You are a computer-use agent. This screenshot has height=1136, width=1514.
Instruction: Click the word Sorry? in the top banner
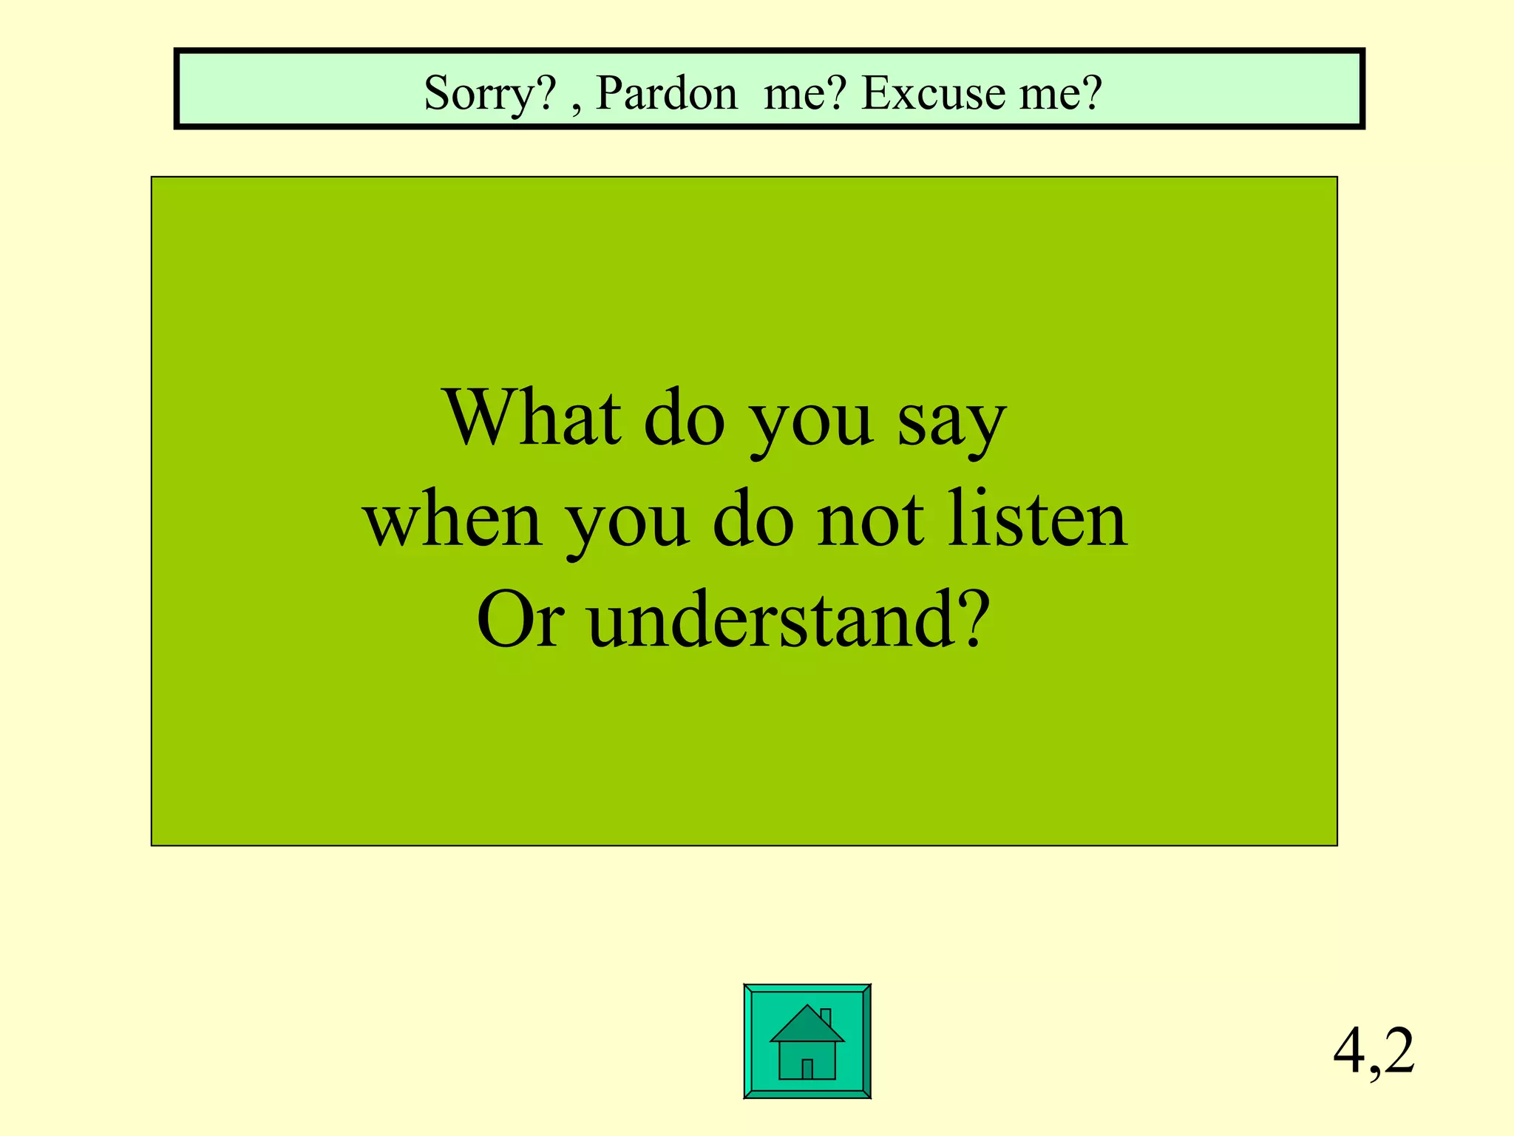point(489,94)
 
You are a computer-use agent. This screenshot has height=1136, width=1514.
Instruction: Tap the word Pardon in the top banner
point(666,94)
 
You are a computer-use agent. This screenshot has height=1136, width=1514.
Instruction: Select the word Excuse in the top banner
point(934,94)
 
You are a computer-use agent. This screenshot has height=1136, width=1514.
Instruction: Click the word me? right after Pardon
point(804,94)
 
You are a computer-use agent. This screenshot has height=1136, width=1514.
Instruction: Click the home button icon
point(807,1041)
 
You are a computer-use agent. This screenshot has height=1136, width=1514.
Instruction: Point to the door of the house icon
point(807,1068)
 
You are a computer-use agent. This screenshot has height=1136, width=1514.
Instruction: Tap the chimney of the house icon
point(826,1017)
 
